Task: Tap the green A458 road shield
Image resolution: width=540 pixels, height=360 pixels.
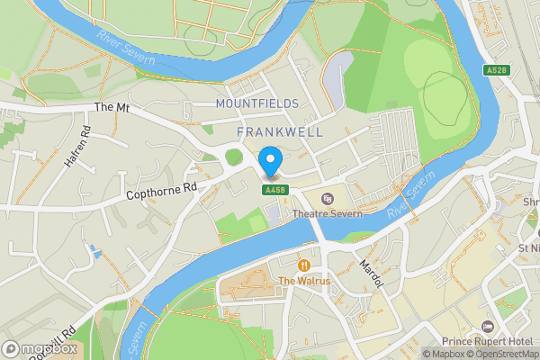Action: [x=274, y=190]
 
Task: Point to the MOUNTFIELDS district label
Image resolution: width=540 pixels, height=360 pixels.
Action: [x=257, y=103]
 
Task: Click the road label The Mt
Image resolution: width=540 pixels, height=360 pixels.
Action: [x=112, y=107]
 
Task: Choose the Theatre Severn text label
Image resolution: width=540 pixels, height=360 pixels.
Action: [x=328, y=214]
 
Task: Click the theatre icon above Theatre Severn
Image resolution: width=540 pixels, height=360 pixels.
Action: [x=327, y=199]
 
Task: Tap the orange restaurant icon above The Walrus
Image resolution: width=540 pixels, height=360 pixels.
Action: [x=304, y=265]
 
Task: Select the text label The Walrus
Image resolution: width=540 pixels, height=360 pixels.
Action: [x=304, y=281]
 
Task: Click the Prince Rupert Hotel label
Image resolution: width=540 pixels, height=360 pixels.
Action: [x=488, y=341]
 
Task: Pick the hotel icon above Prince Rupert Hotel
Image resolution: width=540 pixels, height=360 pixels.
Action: [x=488, y=326]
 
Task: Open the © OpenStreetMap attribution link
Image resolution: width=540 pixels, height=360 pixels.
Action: [x=500, y=354]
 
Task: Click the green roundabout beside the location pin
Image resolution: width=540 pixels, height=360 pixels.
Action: [x=234, y=157]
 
